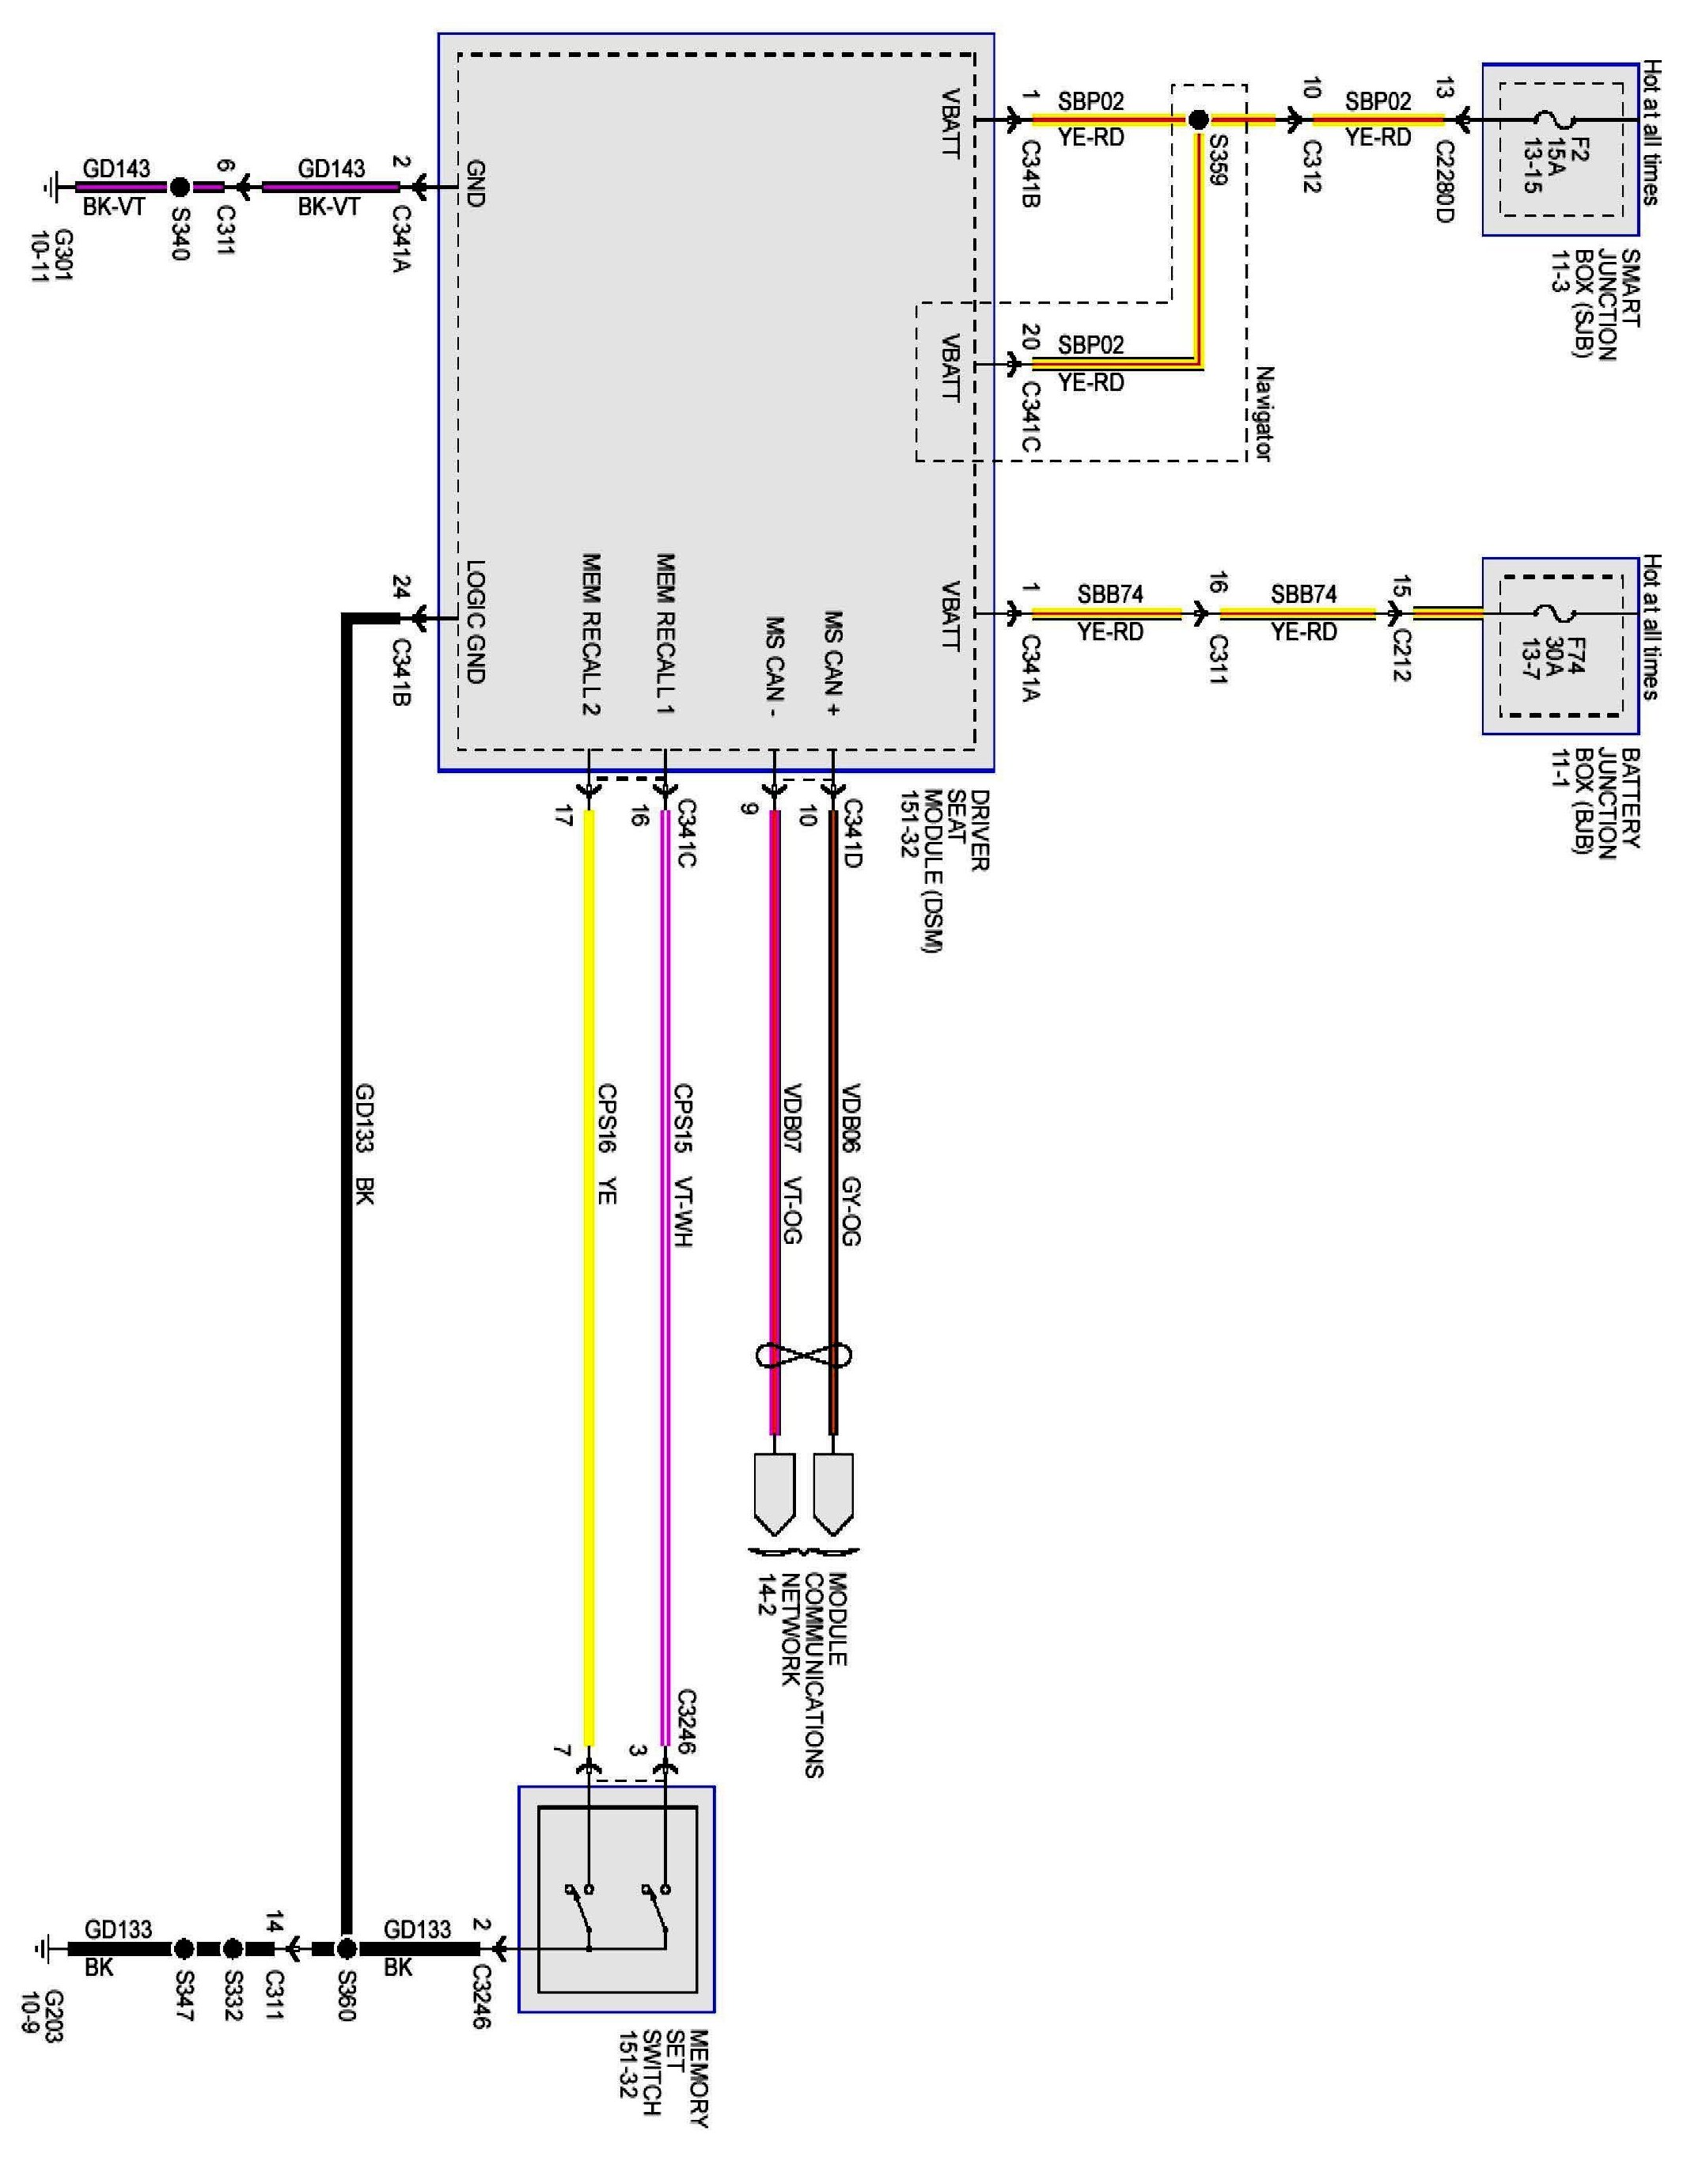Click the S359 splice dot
click(1198, 120)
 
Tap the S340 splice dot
click(180, 187)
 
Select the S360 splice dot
click(346, 1949)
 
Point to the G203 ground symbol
click(42, 1949)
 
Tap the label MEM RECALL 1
click(666, 635)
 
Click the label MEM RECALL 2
click(591, 635)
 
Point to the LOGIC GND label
click(476, 623)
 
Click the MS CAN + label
click(832, 663)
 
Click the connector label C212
click(1401, 655)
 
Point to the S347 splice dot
click(184, 1949)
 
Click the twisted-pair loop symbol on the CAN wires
click(804, 1353)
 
